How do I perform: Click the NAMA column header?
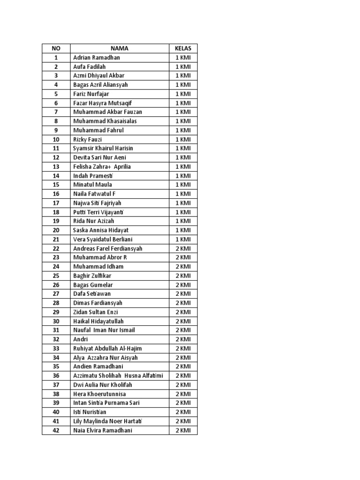120,48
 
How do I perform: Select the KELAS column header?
183,48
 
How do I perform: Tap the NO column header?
56,48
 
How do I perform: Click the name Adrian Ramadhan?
97,58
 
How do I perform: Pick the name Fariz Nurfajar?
91,94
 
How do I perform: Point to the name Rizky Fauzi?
88,139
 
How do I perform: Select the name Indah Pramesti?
93,176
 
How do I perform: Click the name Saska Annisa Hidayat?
101,230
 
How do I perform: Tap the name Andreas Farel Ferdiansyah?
108,248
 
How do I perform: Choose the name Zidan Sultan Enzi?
96,312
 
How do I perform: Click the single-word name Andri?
81,339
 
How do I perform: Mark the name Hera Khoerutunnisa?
99,394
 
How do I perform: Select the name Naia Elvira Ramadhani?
103,430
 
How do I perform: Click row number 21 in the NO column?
56,240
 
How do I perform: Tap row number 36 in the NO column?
56,375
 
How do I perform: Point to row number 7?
56,112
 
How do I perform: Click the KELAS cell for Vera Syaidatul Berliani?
183,240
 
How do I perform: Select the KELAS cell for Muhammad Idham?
183,267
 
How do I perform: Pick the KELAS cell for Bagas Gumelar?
183,285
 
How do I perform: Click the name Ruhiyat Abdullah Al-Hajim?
107,348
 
